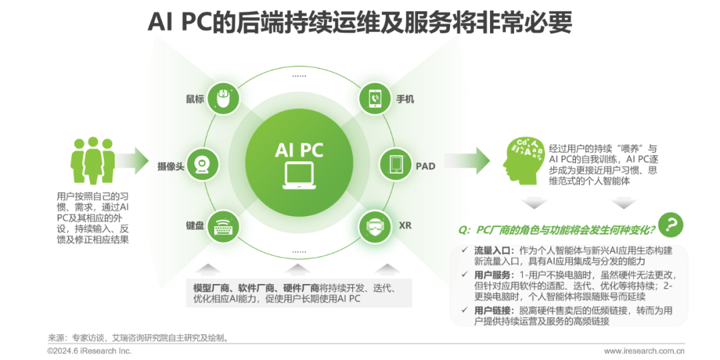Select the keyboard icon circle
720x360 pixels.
(222, 227)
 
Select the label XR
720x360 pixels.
(405, 226)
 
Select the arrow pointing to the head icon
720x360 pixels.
(467, 161)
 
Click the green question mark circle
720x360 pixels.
(670, 224)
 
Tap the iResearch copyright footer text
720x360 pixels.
(89, 351)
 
